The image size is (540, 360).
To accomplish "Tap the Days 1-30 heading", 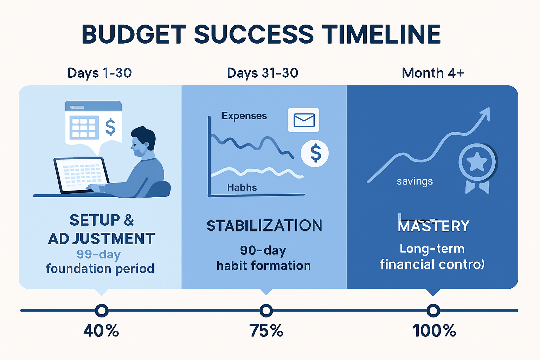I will pos(99,73).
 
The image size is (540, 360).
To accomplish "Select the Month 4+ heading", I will pos(433,73).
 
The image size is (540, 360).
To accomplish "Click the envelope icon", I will pos(304,120).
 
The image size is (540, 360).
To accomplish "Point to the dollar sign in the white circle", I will pos(315,153).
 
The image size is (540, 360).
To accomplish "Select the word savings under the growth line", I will pos(414,181).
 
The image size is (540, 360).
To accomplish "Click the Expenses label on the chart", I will pos(244,116).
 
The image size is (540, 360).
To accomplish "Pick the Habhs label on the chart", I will pos(242,187).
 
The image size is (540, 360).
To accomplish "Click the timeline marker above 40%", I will pos(102,310).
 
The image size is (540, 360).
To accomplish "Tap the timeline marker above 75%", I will pos(266,310).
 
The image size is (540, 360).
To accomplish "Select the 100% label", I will pos(434,331).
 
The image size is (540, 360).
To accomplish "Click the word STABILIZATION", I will pos(264,226).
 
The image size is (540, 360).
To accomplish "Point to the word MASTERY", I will pos(433,226).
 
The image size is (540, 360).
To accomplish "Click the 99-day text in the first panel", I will pos(99,254).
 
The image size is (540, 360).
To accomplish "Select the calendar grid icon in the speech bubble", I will pos(84,127).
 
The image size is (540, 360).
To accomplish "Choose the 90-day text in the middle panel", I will pos(263,250).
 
